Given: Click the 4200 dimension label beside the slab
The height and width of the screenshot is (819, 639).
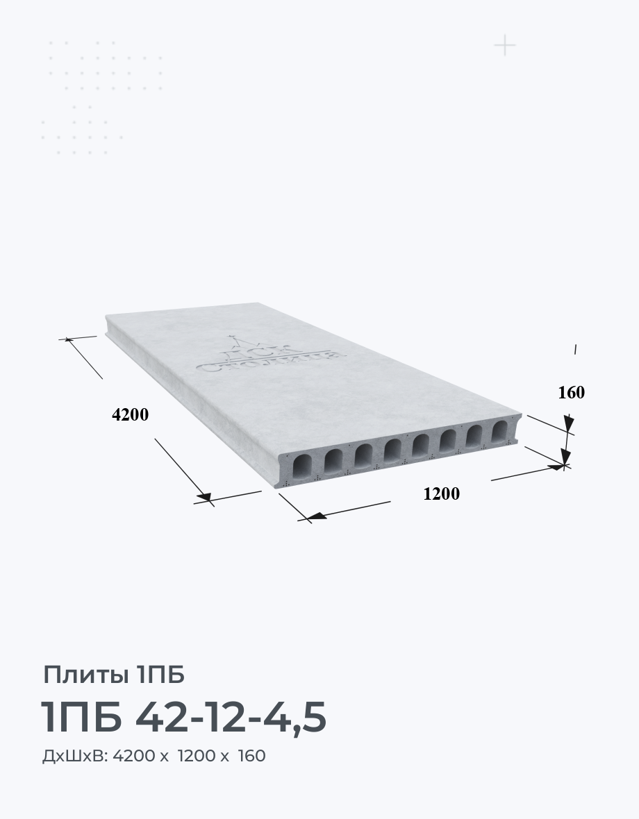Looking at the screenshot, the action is point(130,415).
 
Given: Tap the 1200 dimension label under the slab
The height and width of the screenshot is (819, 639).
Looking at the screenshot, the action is point(442,493).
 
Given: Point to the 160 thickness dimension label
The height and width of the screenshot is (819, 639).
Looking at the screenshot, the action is point(571,392).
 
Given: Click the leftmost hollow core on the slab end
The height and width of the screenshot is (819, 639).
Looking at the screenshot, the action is point(303,466).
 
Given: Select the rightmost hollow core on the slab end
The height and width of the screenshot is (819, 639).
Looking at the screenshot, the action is point(499,432).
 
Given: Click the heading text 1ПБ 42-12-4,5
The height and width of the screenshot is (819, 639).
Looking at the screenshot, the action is point(184,716).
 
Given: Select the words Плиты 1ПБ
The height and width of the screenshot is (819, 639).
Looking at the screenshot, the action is point(114,675).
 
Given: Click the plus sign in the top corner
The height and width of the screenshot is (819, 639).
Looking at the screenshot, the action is point(505,45).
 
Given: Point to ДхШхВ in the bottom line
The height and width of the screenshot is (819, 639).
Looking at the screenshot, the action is point(75,756).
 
